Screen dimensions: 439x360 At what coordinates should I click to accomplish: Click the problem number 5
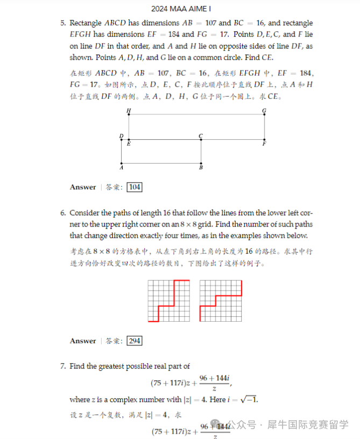tap(63, 23)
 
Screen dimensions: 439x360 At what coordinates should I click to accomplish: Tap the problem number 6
tap(63, 213)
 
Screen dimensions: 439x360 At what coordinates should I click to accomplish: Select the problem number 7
tap(63, 366)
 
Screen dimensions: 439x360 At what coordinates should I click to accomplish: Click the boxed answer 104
tap(135, 187)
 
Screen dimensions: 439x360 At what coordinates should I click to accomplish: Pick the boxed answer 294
tap(135, 341)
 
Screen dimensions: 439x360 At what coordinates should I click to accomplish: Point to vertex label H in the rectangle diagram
tap(128, 111)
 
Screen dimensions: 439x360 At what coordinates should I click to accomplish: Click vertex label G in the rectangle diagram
tap(264, 111)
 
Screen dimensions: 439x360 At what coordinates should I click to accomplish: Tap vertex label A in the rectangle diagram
tap(121, 167)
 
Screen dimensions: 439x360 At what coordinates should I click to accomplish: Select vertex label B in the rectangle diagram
tap(201, 167)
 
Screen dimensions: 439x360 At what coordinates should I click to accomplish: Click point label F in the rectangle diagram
tap(264, 144)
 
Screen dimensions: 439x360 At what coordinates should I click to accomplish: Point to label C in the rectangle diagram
tap(201, 136)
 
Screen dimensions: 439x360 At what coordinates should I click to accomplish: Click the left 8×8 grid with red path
tap(169, 301)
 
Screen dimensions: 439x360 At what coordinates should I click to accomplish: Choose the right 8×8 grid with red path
tap(221, 301)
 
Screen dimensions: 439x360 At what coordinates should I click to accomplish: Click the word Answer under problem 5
tap(83, 187)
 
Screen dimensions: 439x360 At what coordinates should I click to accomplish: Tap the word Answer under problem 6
tap(83, 341)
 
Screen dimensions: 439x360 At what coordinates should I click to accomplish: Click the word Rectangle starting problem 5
tap(86, 23)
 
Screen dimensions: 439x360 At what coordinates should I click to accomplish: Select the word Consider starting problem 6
tap(84, 213)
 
